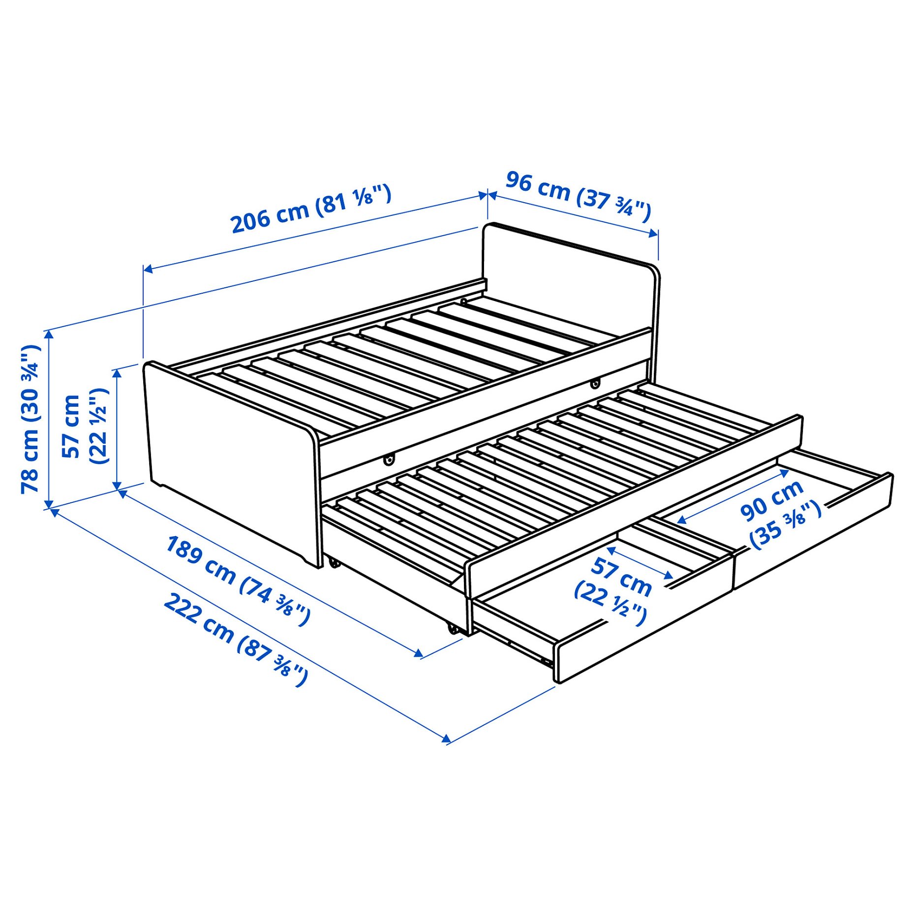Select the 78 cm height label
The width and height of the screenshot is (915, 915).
(30, 419)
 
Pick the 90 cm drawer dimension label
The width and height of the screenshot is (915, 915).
(773, 500)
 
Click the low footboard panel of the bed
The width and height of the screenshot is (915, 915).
(231, 462)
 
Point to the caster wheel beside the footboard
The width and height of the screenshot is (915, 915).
(334, 562)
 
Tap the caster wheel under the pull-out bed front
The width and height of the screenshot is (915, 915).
(452, 628)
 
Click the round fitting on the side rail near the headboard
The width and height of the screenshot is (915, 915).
(596, 382)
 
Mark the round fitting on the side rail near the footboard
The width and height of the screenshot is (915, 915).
(389, 459)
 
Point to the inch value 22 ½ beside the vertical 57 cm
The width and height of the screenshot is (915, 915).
(98, 426)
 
